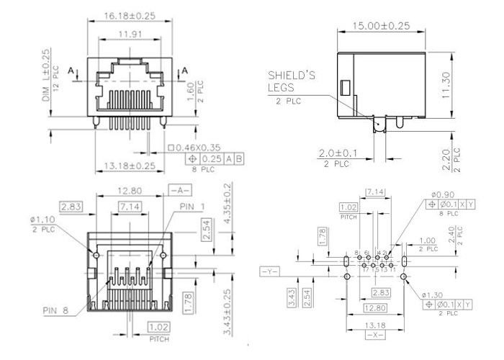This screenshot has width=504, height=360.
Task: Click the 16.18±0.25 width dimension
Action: [131, 14]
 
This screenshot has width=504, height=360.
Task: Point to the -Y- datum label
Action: [269, 271]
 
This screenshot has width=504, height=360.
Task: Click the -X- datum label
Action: [374, 336]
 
